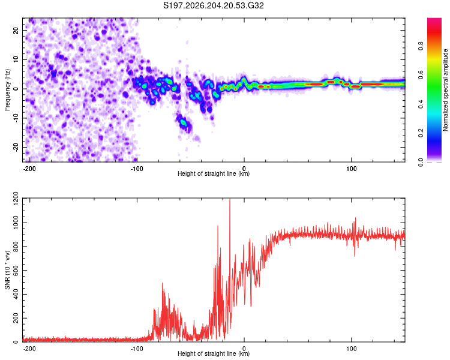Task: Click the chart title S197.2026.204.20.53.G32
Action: [213, 5]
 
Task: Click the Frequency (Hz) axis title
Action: [7, 90]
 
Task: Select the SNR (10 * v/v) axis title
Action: [7, 270]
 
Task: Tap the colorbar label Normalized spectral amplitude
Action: [445, 90]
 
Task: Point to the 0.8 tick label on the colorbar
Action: [421, 46]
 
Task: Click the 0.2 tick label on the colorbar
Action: [421, 133]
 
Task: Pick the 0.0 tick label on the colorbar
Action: [421, 162]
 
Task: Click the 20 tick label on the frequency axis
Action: [16, 30]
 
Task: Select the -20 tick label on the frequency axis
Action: [16, 147]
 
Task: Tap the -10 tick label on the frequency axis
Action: [16, 118]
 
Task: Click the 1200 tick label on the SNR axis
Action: [16, 199]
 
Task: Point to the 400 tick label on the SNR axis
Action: [16, 294]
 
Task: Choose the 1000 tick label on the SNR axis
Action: [16, 223]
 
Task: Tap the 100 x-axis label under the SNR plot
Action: [351, 349]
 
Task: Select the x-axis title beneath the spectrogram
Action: [214, 173]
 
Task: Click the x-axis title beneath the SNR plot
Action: [214, 353]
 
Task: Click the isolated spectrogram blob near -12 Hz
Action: [184, 123]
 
